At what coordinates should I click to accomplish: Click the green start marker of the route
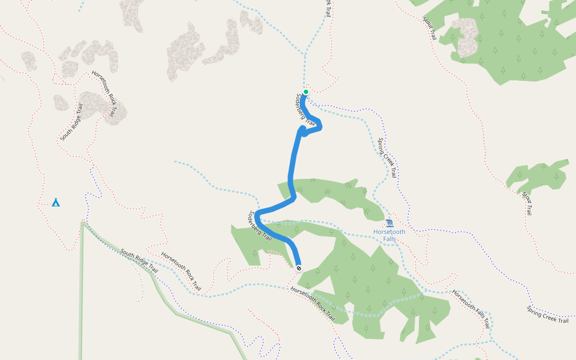point(305,92)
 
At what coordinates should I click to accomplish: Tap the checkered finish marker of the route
point(298,268)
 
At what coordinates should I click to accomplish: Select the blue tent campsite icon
point(56,202)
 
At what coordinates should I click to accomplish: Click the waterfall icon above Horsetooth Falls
point(389,223)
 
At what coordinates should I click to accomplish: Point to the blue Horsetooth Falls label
point(389,235)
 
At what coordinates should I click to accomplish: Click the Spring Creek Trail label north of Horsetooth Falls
point(388,158)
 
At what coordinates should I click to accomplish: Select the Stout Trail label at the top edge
point(429,28)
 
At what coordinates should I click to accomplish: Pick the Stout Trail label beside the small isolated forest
point(527,203)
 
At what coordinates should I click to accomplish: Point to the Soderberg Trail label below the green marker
point(305,110)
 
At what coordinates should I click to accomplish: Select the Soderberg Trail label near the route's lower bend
point(260,226)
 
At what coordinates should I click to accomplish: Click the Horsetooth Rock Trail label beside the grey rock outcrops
point(103,94)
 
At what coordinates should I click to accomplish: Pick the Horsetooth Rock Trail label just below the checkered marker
point(313,303)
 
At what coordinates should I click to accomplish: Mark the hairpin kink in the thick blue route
point(304,132)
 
